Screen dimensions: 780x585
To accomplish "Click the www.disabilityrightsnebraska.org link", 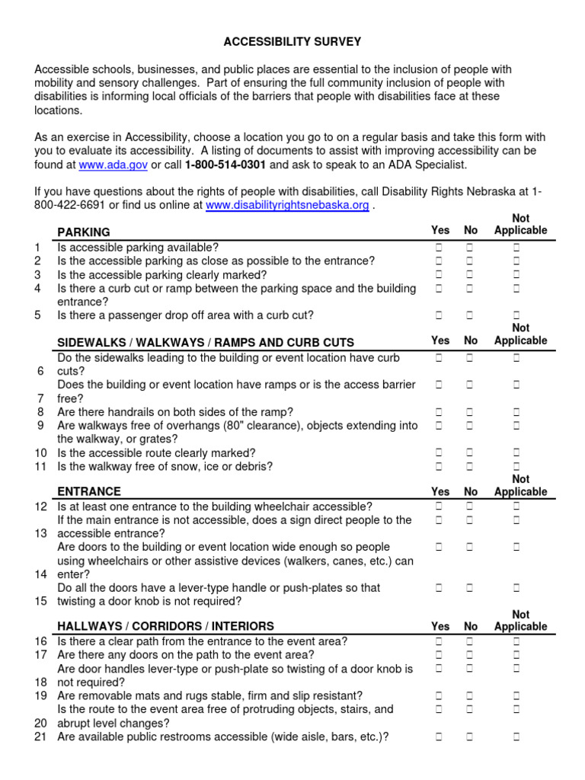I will [x=287, y=206].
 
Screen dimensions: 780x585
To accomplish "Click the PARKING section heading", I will [x=84, y=232].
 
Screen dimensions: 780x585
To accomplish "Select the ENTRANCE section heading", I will [x=88, y=492].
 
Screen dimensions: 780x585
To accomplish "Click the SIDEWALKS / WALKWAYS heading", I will [x=206, y=343].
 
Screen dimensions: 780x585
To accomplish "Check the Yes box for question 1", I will [x=440, y=248].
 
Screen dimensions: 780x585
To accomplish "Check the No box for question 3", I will [x=470, y=275].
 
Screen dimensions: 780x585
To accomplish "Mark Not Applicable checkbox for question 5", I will [x=516, y=315].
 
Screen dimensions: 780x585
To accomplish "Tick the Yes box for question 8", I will [x=440, y=412].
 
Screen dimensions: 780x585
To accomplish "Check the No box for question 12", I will [x=470, y=507].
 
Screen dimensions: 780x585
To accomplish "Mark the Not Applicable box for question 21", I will [x=516, y=737].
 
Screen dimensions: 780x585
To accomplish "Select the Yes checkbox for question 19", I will [x=440, y=695].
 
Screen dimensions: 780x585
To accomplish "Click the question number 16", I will [x=41, y=641].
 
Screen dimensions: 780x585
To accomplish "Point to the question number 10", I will [x=41, y=452].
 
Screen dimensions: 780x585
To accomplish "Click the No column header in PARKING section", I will [x=471, y=231].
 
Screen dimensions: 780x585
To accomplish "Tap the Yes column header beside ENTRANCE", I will [x=440, y=492].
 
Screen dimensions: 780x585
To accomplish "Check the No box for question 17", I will [x=470, y=655].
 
